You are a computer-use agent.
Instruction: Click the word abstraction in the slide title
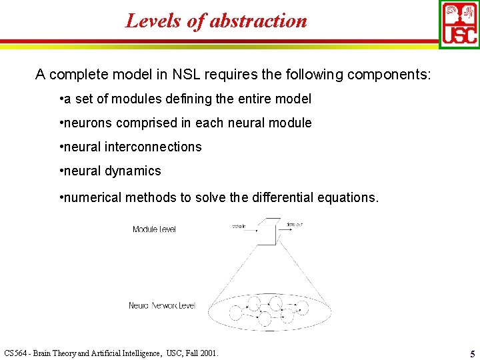[259, 21]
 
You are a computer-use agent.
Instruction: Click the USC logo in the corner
[459, 23]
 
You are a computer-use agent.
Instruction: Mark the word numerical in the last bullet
[92, 197]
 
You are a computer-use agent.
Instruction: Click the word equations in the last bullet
[349, 197]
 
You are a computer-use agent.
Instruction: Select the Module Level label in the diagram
[154, 229]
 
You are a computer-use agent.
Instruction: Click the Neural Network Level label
[162, 305]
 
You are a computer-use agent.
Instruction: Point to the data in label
[239, 227]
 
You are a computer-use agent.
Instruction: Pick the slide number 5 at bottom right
[471, 353]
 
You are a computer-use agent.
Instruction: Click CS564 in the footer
[16, 353]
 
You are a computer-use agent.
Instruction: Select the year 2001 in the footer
[208, 353]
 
